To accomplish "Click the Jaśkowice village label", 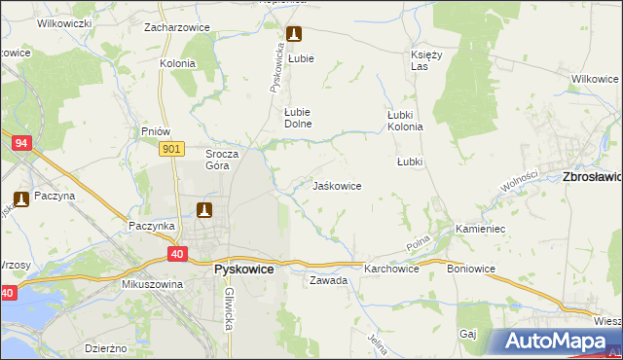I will tap(337, 186).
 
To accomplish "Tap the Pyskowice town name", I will tap(243, 270).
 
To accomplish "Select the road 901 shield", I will tap(170, 148).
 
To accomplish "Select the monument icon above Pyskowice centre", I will tap(203, 209).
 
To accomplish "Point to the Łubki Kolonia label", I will tap(405, 120).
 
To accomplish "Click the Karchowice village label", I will tap(391, 269).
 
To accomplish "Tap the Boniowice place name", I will tap(472, 269).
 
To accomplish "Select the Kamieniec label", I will tap(479, 230).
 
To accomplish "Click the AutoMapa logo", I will tap(554, 342).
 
